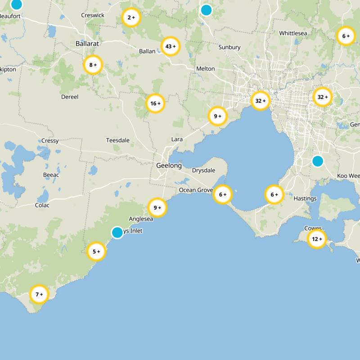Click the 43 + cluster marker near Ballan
click(171, 46)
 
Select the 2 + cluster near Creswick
click(131, 18)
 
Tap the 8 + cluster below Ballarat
click(93, 65)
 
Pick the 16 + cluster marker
click(156, 103)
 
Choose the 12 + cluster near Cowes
click(317, 239)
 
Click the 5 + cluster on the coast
click(96, 252)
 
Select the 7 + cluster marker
click(39, 294)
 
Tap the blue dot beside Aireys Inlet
click(117, 232)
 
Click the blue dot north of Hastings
click(318, 161)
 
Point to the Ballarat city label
click(87, 44)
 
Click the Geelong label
click(169, 166)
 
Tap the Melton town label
click(205, 69)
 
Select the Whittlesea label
click(293, 33)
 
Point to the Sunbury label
click(229, 47)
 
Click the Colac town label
click(42, 205)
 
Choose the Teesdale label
click(117, 140)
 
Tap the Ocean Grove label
click(196, 190)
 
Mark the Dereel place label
click(69, 97)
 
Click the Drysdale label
click(203, 171)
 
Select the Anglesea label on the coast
click(141, 219)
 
